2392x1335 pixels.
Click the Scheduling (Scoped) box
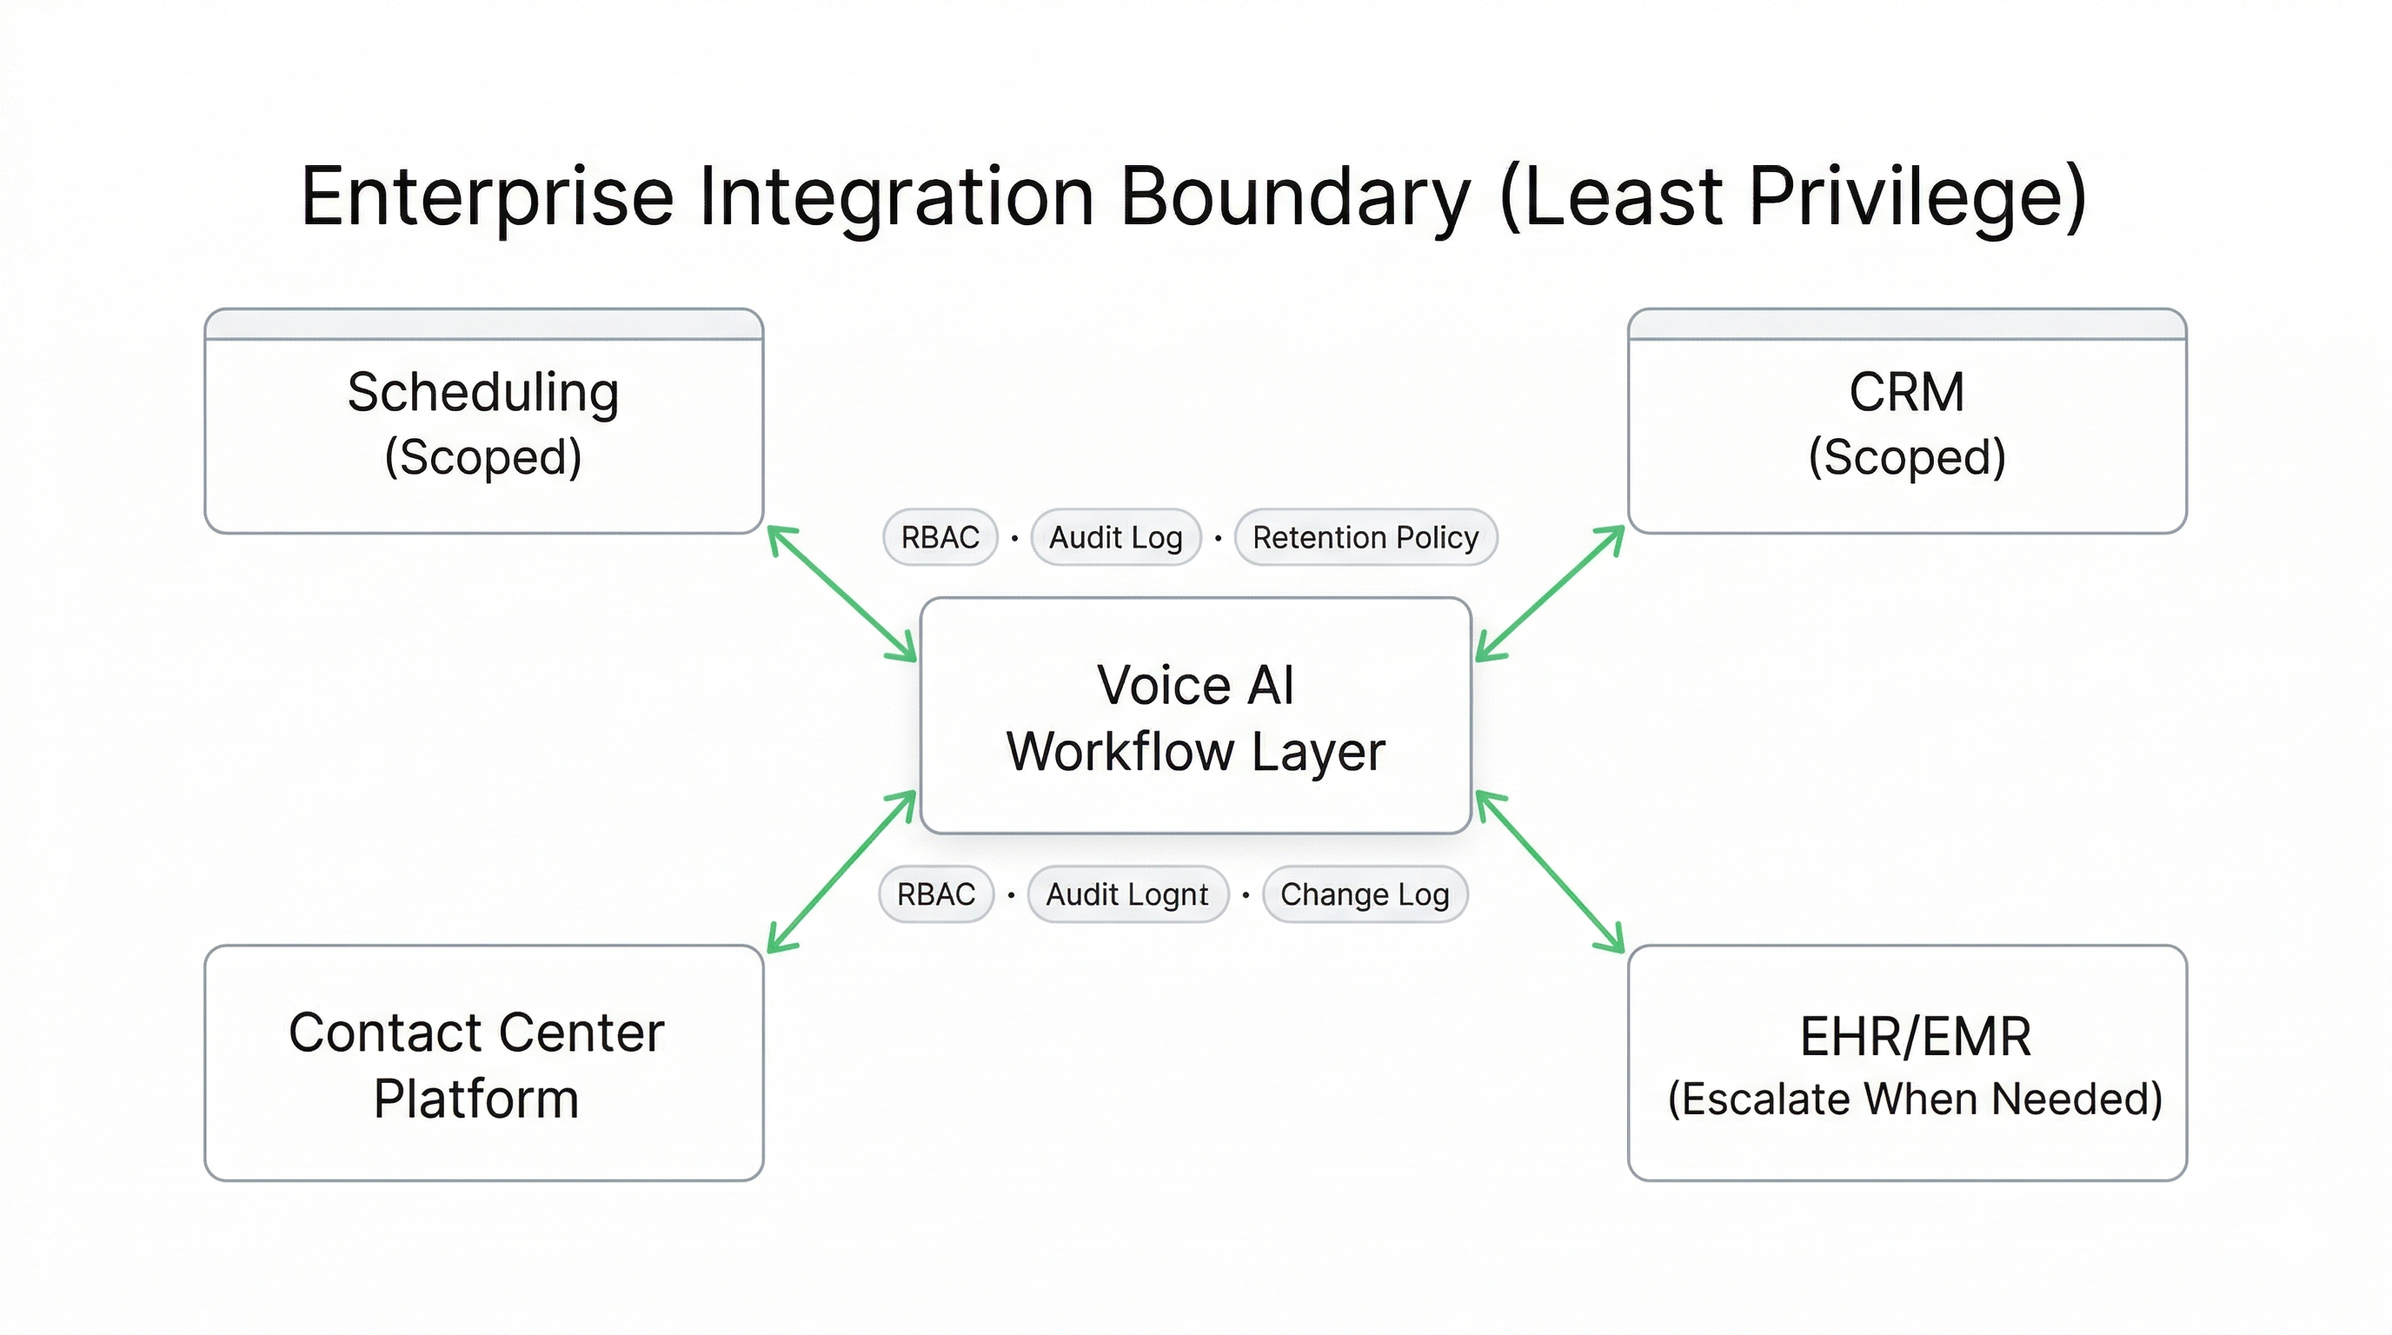pyautogui.click(x=483, y=422)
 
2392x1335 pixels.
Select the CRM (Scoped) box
pyautogui.click(x=1906, y=422)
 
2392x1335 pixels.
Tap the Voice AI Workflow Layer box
pyautogui.click(x=1195, y=716)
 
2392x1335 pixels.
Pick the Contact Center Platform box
pyautogui.click(x=483, y=1063)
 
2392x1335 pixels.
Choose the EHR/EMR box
pyautogui.click(x=1906, y=1063)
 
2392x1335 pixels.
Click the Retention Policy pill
pyautogui.click(x=1365, y=537)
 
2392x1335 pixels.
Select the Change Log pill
pyautogui.click(x=1364, y=895)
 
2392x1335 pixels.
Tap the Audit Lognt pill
pyautogui.click(x=1127, y=895)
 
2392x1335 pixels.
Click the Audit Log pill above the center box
pyautogui.click(x=1115, y=537)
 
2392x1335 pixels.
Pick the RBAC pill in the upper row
pyautogui.click(x=940, y=537)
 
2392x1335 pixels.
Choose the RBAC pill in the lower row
pyautogui.click(x=936, y=895)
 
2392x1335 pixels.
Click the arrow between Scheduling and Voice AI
pyautogui.click(x=842, y=594)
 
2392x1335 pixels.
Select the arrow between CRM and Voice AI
pyautogui.click(x=1550, y=594)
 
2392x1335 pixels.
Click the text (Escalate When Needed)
pyautogui.click(x=1915, y=1099)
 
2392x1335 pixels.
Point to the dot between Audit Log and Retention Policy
pyautogui.click(x=1219, y=537)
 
